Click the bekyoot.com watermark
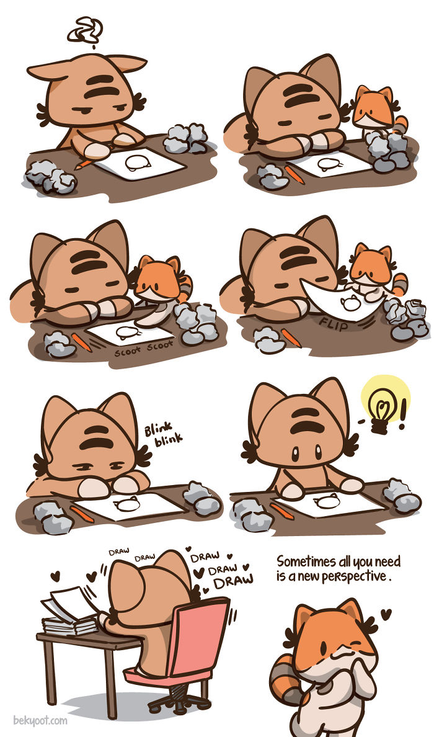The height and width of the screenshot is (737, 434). pyautogui.click(x=40, y=721)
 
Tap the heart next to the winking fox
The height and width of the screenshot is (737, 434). pyautogui.click(x=386, y=614)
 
